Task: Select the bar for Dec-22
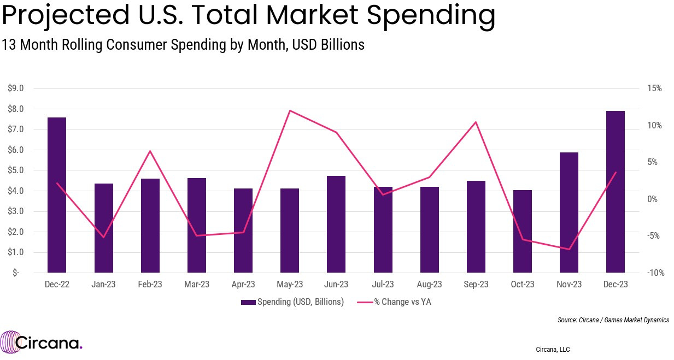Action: (x=57, y=194)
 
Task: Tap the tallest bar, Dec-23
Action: (x=616, y=191)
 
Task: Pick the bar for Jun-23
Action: (x=336, y=224)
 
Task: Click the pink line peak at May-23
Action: (x=290, y=111)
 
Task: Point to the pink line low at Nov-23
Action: (x=569, y=249)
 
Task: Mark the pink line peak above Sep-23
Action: (x=476, y=122)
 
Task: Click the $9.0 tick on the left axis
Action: (x=15, y=88)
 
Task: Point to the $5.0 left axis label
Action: (x=15, y=170)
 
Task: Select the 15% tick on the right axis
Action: (x=654, y=88)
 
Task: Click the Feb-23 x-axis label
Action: (x=150, y=285)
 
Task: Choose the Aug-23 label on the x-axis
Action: (x=429, y=285)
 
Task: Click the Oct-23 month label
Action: (x=522, y=285)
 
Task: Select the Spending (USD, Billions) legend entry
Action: (x=292, y=302)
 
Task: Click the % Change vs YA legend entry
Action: (x=394, y=302)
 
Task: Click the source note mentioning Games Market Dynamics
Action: (x=613, y=320)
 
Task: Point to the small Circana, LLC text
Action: (x=553, y=349)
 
